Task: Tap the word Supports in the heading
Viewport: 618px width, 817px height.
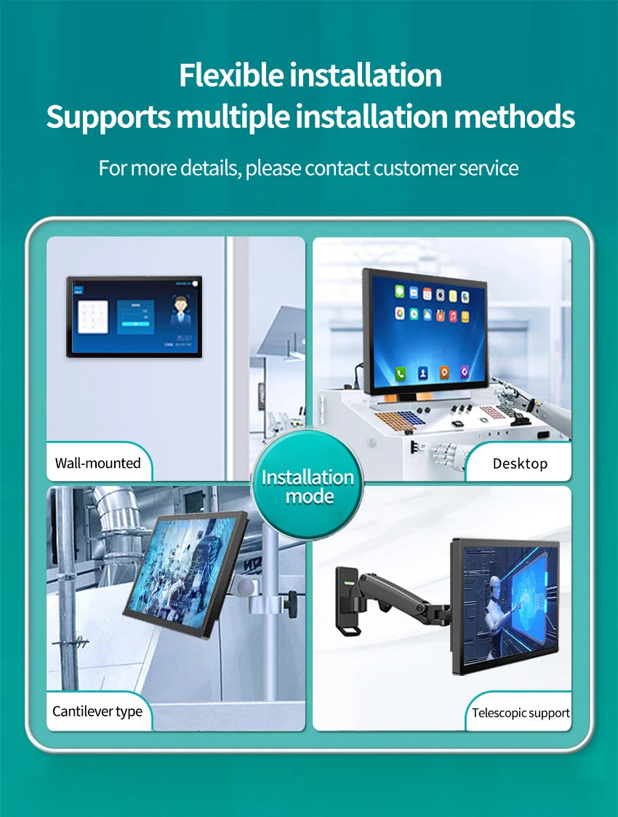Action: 108,116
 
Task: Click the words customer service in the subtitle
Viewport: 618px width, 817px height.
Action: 446,168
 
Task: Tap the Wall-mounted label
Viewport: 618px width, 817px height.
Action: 97,463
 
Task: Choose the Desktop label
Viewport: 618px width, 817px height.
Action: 520,463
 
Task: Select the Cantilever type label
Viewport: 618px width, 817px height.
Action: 97,711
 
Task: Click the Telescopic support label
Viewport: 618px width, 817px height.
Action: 521,713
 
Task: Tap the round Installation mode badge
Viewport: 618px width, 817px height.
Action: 308,487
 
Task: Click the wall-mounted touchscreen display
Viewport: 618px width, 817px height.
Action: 135,316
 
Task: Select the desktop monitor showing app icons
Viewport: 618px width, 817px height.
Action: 425,331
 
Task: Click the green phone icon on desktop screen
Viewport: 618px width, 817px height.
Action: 401,373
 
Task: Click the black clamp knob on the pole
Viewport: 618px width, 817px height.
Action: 292,602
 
